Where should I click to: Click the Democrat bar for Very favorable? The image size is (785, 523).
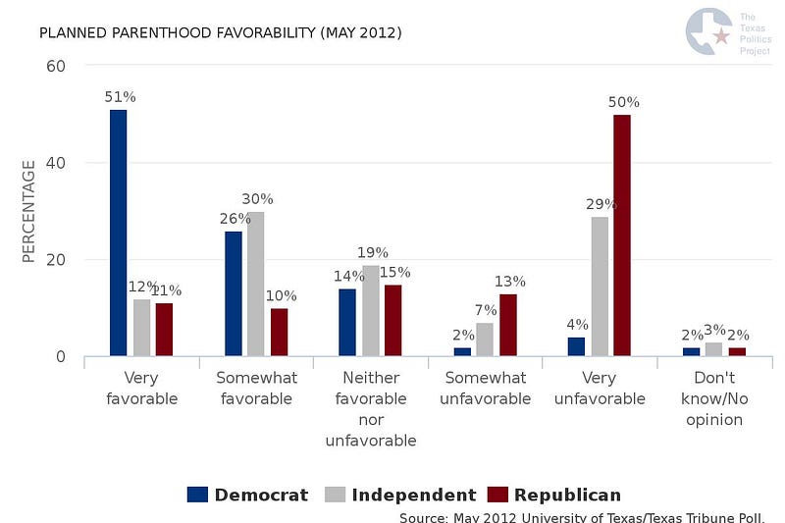[118, 233]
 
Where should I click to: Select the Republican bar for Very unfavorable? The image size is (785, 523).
[622, 235]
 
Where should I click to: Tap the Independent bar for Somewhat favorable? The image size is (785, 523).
[255, 284]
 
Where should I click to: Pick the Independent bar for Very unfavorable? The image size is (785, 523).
[600, 287]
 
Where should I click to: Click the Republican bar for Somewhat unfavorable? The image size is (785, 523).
[508, 325]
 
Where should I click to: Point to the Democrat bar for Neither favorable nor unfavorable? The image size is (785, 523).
[347, 322]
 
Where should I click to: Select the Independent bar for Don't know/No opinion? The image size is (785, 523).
[714, 349]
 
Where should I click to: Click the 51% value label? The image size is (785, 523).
[120, 97]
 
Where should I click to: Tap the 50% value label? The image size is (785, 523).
[624, 102]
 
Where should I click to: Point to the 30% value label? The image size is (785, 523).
[257, 199]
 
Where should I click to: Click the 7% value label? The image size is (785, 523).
[486, 310]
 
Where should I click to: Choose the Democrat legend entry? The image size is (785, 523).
[248, 495]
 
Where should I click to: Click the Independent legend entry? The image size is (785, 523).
[400, 495]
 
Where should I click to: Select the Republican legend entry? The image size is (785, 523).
[554, 495]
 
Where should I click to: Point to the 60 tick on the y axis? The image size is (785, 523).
[56, 66]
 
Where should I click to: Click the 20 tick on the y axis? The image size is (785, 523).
[56, 260]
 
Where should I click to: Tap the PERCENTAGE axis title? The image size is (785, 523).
[28, 211]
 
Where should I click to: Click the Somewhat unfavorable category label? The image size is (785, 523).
[485, 388]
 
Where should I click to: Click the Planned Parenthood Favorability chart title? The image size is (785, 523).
[220, 33]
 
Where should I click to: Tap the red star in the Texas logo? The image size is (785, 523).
[721, 35]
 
